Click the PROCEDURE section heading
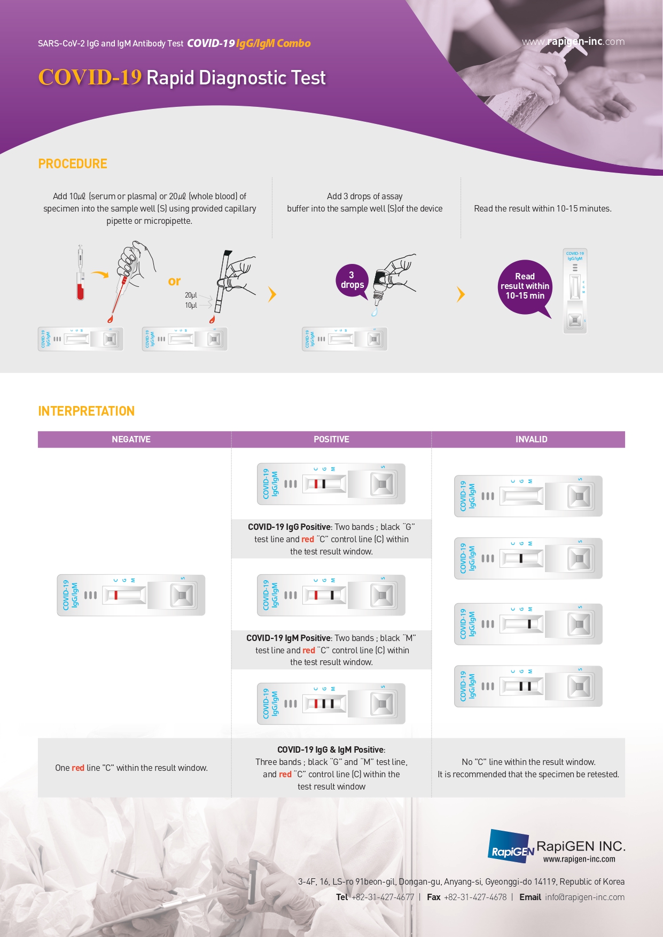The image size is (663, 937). (x=73, y=164)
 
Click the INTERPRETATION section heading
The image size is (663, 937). (x=86, y=411)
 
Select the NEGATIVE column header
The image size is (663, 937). (x=131, y=439)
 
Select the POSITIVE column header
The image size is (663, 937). (x=331, y=439)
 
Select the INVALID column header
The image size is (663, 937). (x=531, y=439)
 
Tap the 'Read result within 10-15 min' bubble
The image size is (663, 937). (x=525, y=287)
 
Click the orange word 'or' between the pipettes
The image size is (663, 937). (x=174, y=281)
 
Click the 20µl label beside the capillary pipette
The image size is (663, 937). (x=191, y=295)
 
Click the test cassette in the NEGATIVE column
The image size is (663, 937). (x=131, y=595)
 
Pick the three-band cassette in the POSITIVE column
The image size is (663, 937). (x=331, y=704)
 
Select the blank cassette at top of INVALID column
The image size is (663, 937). (x=528, y=496)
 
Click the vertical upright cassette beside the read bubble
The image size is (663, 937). (x=575, y=291)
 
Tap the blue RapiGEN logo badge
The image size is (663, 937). (x=510, y=846)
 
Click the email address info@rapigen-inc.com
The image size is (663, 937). (x=584, y=897)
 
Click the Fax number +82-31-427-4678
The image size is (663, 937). (x=475, y=897)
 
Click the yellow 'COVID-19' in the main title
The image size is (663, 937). (x=90, y=77)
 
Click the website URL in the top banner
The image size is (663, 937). (x=573, y=42)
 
